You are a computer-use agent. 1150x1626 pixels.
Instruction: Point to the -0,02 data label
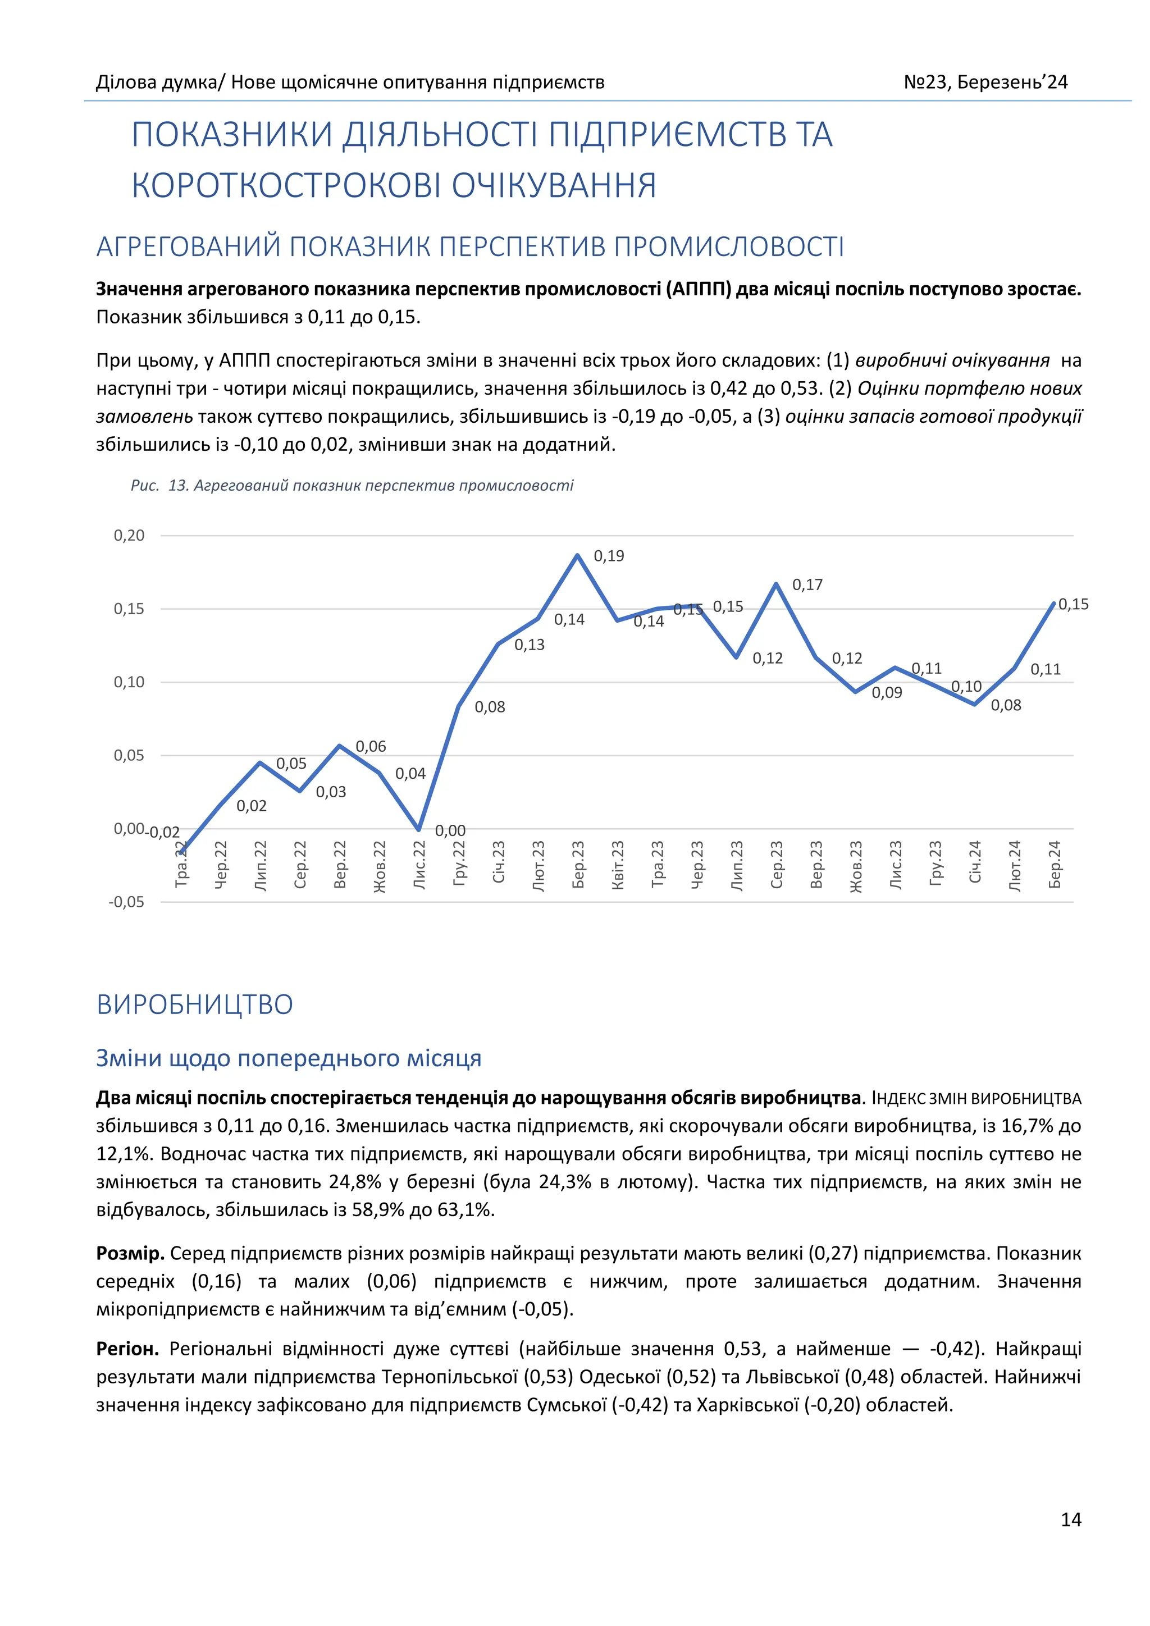point(165,832)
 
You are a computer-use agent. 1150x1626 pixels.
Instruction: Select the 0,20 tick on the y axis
point(129,536)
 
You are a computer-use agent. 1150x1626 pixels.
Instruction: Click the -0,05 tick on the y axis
point(126,902)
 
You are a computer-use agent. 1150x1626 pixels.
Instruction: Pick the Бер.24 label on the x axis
point(1055,865)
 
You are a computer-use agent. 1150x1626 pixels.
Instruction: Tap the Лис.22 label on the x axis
point(419,865)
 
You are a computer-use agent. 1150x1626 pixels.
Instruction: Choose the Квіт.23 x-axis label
point(618,865)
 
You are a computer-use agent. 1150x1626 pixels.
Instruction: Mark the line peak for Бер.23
point(578,555)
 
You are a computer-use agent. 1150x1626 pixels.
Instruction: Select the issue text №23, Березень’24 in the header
point(985,82)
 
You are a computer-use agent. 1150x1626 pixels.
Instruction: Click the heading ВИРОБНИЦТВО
point(195,1004)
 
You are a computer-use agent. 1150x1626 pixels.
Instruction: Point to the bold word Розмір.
point(130,1254)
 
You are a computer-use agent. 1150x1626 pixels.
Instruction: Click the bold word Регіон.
point(127,1349)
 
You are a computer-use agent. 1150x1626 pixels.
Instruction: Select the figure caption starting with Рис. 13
point(352,486)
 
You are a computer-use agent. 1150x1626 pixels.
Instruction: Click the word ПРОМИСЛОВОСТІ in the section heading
point(729,247)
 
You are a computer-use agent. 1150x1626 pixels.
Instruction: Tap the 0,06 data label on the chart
point(371,746)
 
